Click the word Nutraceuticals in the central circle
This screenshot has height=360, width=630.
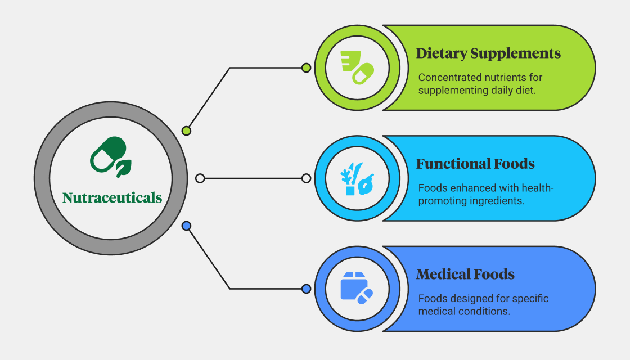112,197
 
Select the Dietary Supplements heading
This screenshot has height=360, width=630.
488,53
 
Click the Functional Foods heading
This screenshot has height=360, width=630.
475,164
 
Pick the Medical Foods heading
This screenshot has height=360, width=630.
465,274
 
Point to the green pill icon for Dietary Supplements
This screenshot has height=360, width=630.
357,67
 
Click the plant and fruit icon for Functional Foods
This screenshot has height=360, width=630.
357,178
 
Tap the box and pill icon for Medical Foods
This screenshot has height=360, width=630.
357,288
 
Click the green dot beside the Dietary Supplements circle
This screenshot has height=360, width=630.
306,68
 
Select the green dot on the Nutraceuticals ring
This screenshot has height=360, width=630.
186,130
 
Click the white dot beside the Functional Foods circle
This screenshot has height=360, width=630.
306,178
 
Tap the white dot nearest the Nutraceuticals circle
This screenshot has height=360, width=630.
200,178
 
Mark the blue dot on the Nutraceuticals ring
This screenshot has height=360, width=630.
186,226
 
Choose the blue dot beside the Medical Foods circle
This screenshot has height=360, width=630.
306,289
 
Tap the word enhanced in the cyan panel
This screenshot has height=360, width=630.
467,188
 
